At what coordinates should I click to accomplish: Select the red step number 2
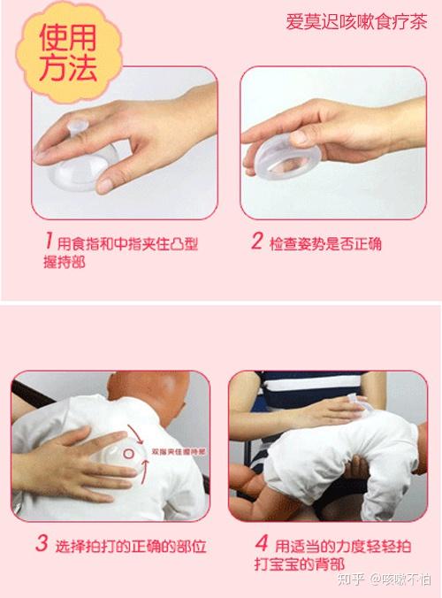(256, 241)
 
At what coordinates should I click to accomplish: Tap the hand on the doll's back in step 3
(71, 460)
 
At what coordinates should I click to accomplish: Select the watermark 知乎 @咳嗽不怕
(388, 579)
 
